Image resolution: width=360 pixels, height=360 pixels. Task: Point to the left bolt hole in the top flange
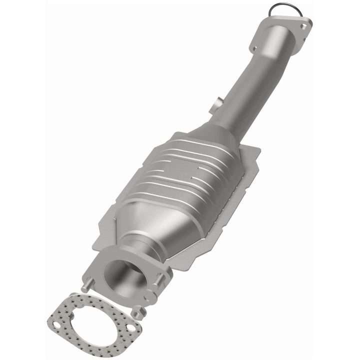click(x=254, y=48)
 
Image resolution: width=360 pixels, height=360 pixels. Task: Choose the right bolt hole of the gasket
click(x=131, y=328)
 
